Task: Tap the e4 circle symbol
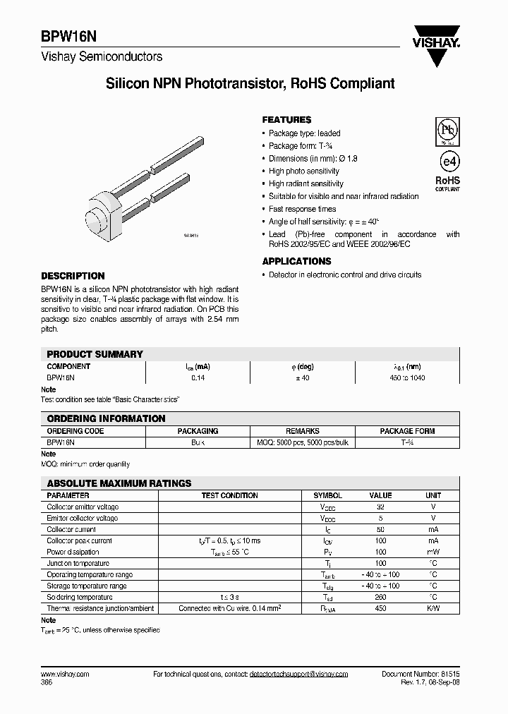[447, 159]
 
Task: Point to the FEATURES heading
[286, 120]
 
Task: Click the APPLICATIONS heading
[296, 261]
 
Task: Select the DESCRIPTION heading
[73, 276]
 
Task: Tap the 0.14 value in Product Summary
[198, 378]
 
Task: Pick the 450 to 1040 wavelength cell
[407, 378]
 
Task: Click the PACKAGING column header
[198, 431]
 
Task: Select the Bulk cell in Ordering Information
[198, 442]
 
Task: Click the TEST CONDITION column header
[229, 496]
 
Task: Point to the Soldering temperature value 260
[381, 597]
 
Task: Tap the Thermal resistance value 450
[381, 608]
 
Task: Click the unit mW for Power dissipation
[433, 552]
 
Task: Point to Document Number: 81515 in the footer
[421, 674]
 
